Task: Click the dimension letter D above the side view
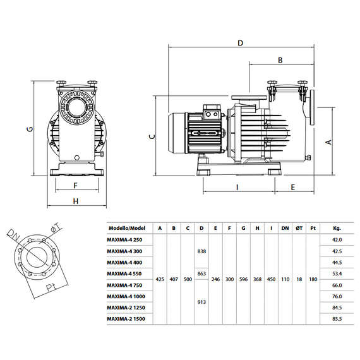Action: point(240,43)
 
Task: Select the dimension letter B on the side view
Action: point(280,60)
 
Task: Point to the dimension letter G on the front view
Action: point(30,129)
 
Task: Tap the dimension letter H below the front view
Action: point(76,201)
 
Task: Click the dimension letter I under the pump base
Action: point(237,188)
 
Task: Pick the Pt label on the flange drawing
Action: point(51,287)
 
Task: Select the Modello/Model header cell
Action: point(127,228)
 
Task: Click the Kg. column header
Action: point(337,228)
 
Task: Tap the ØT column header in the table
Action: point(299,228)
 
